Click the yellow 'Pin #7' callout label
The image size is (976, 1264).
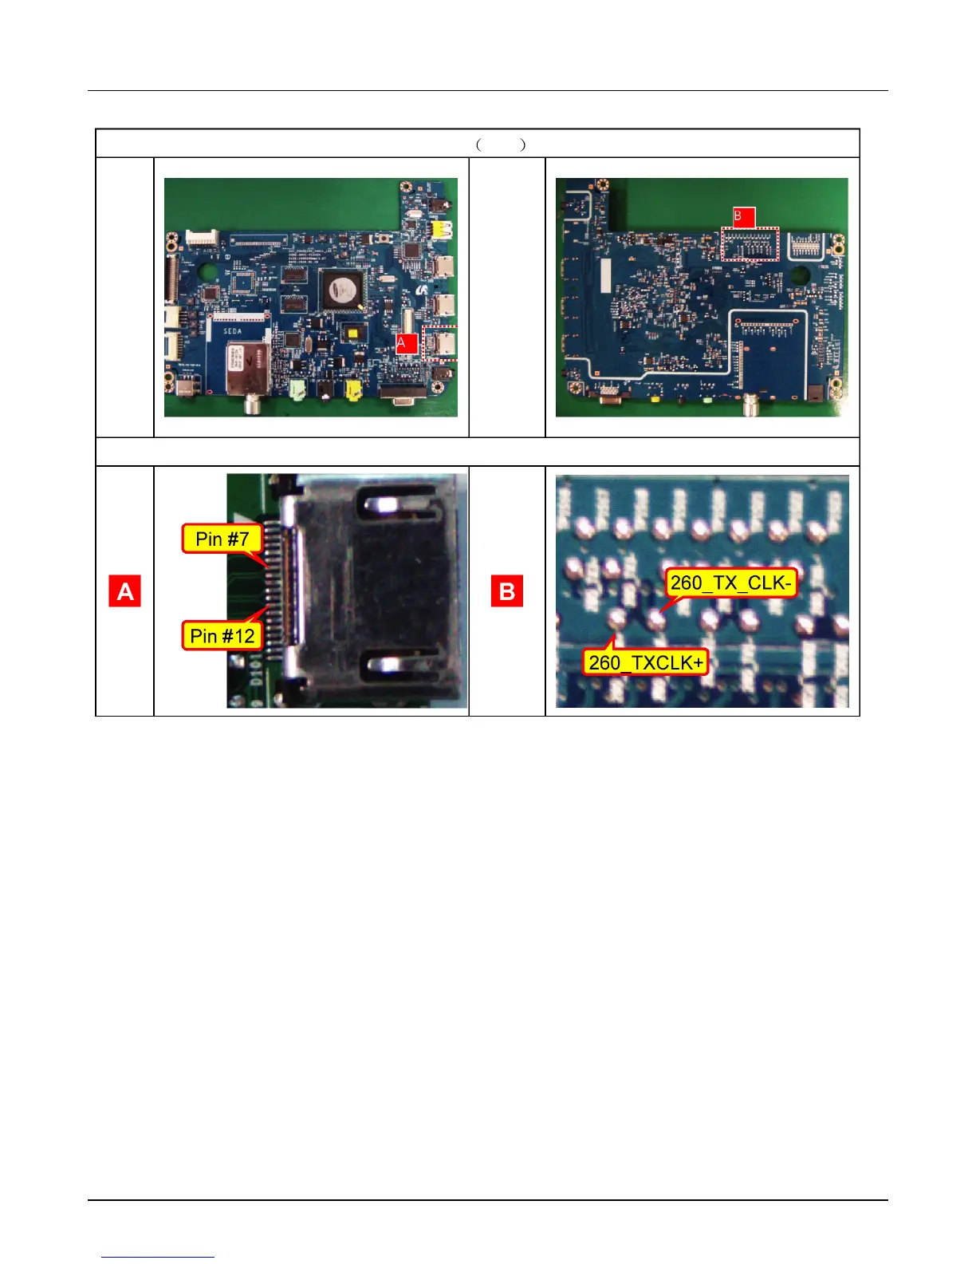tap(222, 539)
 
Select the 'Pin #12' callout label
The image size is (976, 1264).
tap(222, 635)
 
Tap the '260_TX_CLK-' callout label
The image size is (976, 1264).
tap(730, 583)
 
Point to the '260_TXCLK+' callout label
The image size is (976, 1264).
tap(645, 662)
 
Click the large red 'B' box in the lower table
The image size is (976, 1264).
tap(506, 591)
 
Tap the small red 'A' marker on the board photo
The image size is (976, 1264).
tap(407, 343)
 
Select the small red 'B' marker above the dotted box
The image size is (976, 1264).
tap(743, 216)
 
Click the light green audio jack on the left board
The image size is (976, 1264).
tap(298, 389)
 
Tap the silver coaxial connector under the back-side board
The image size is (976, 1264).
tap(750, 408)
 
